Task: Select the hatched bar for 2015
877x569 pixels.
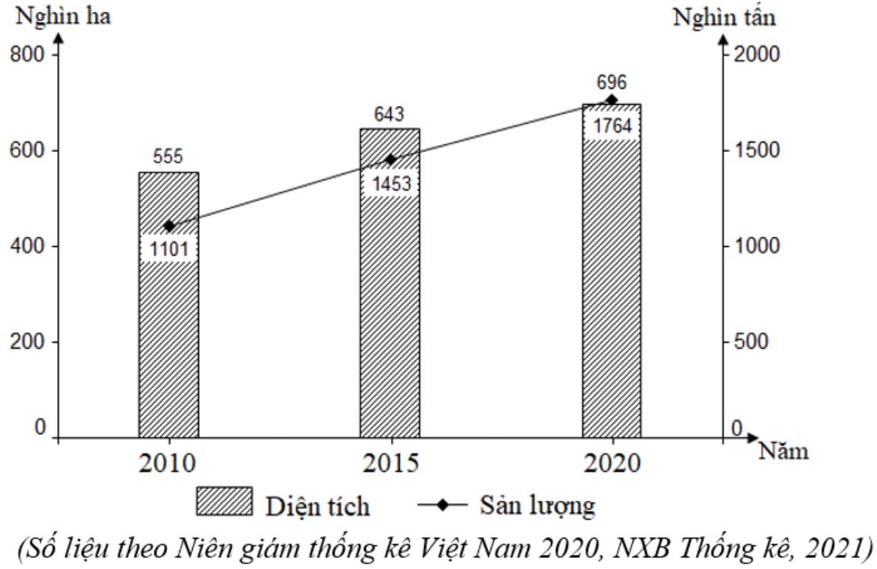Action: pyautogui.click(x=390, y=313)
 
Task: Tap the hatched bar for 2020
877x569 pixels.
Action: pyautogui.click(x=611, y=298)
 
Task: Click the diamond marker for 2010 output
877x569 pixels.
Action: pyautogui.click(x=169, y=227)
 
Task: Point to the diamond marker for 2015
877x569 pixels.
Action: pyautogui.click(x=390, y=159)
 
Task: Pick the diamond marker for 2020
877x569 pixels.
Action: pyautogui.click(x=611, y=100)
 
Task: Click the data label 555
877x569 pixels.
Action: pyautogui.click(x=169, y=157)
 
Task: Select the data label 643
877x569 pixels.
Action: pyautogui.click(x=390, y=114)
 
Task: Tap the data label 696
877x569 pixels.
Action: pyautogui.click(x=611, y=83)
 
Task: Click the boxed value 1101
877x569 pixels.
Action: pyautogui.click(x=169, y=249)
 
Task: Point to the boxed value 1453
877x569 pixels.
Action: pyautogui.click(x=390, y=183)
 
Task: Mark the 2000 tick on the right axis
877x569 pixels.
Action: pyautogui.click(x=754, y=55)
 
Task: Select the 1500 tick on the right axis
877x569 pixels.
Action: pyautogui.click(x=754, y=150)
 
